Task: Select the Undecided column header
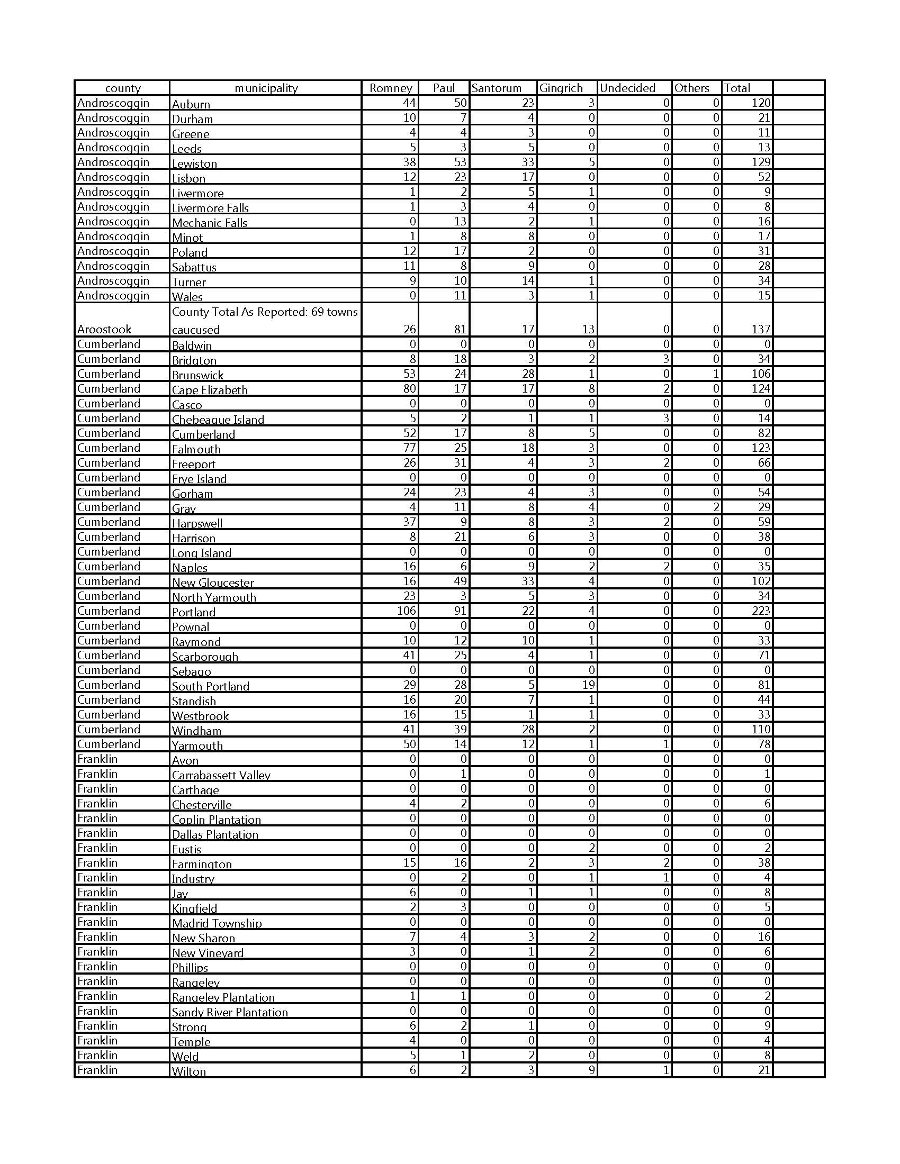[627, 88]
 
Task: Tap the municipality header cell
[266, 88]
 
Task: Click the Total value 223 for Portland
[761, 611]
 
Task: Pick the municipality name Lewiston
[194, 163]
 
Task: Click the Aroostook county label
[104, 329]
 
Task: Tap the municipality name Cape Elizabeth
[210, 390]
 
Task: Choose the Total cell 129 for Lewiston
[761, 162]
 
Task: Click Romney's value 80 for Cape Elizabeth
[409, 388]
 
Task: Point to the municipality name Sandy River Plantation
[229, 1012]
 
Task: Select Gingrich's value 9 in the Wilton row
[591, 1070]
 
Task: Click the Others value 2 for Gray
[715, 507]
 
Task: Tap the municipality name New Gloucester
[213, 583]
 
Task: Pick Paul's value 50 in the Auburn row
[460, 103]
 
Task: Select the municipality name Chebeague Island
[218, 420]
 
